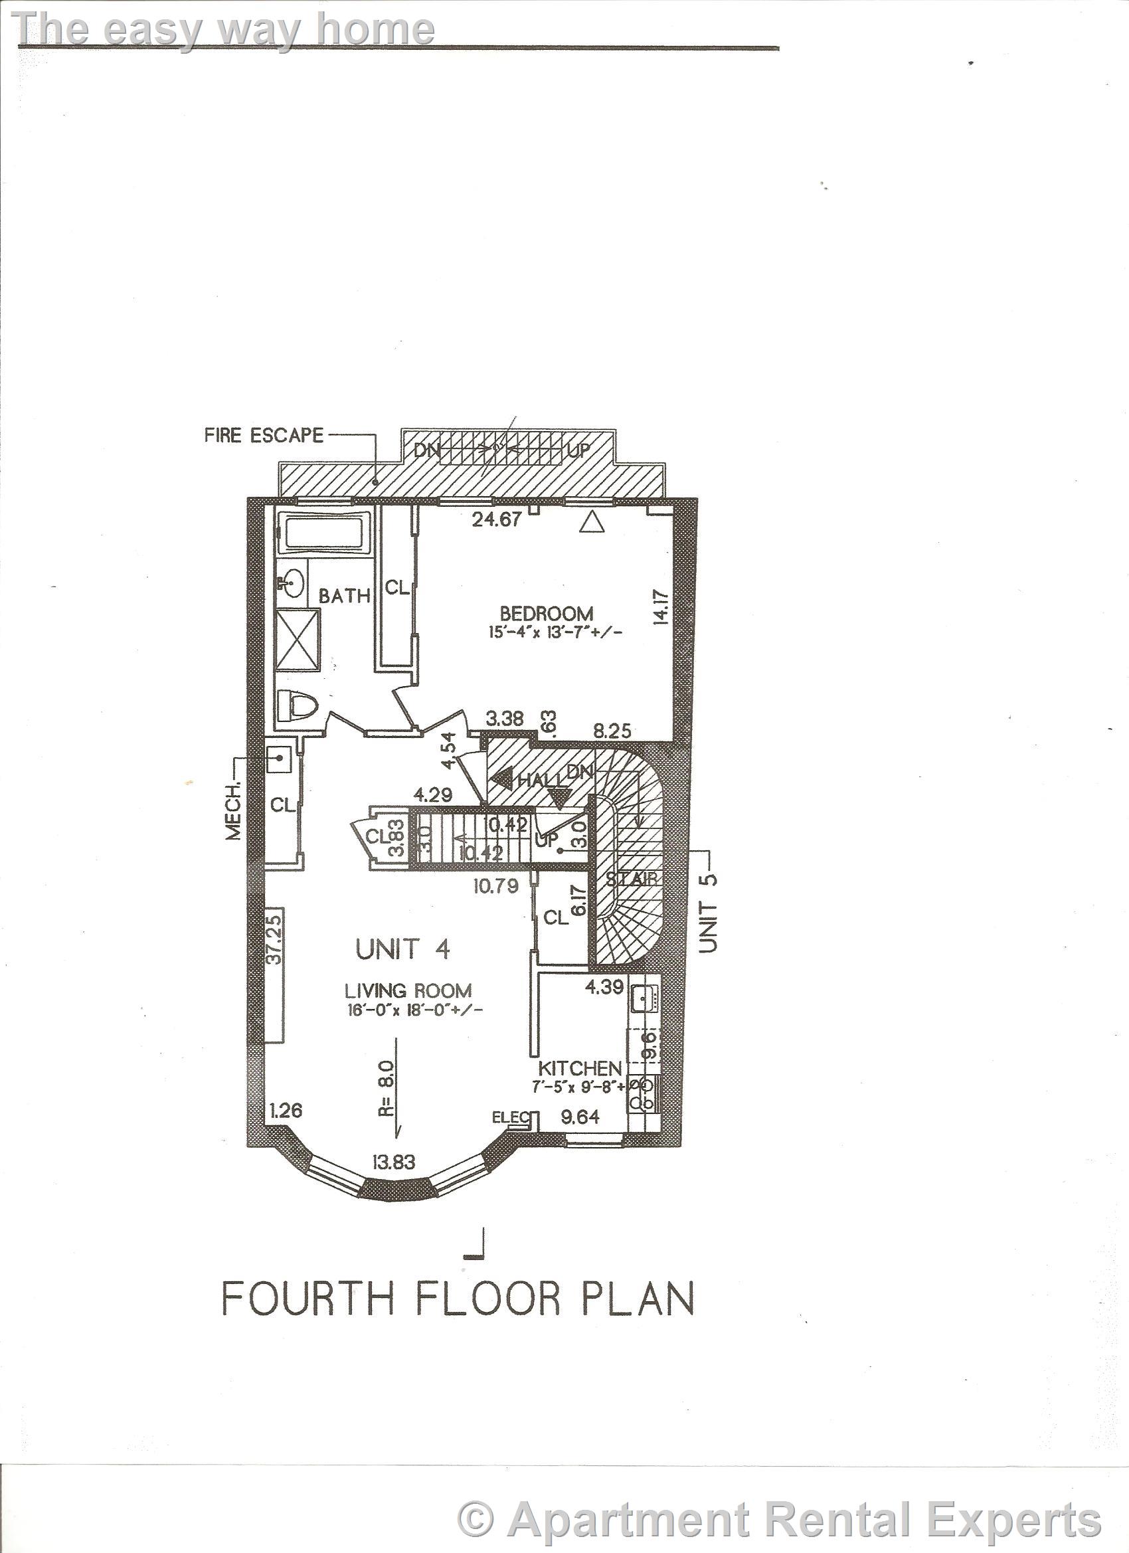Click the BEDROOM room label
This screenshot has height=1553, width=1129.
[x=546, y=613]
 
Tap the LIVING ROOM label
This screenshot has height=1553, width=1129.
[x=408, y=990]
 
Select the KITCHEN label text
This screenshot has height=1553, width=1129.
[x=580, y=1068]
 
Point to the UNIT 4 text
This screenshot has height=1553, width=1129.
[x=402, y=950]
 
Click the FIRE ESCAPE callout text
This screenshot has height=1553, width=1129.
[x=264, y=436]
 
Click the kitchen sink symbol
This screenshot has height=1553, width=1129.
[x=644, y=999]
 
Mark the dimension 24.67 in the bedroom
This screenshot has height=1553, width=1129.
[x=497, y=519]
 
